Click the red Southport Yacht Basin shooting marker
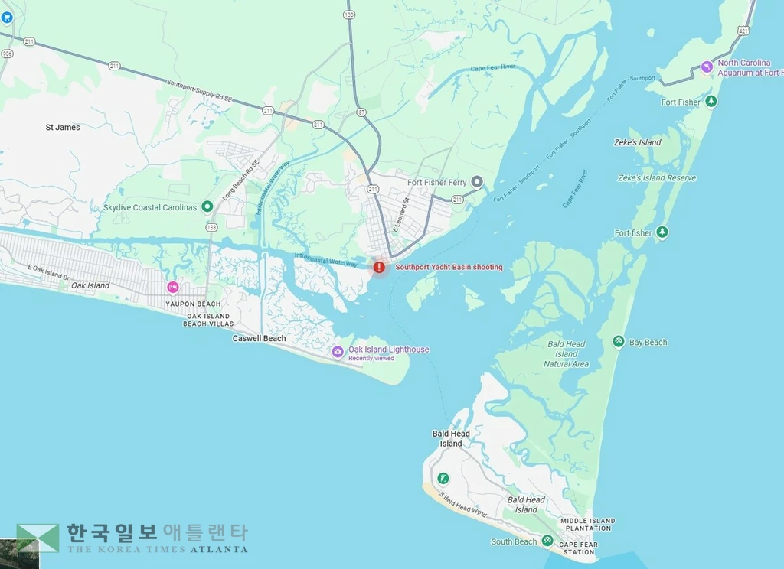[x=379, y=267]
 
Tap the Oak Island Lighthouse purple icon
[x=338, y=352]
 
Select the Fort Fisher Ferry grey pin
[x=477, y=182]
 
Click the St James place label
[x=63, y=127]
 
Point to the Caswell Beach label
[x=260, y=338]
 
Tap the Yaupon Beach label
[x=193, y=304]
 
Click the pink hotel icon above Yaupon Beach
[x=173, y=288]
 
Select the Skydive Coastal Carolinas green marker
[x=207, y=207]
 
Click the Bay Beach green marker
[x=619, y=342]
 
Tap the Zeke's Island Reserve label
[x=657, y=178]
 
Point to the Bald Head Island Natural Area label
[x=567, y=354]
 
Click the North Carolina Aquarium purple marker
[x=707, y=68]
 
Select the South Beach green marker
[x=547, y=541]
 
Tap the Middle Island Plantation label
[x=587, y=525]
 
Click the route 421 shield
[x=744, y=31]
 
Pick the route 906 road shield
[x=8, y=54]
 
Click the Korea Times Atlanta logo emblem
[x=38, y=538]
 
